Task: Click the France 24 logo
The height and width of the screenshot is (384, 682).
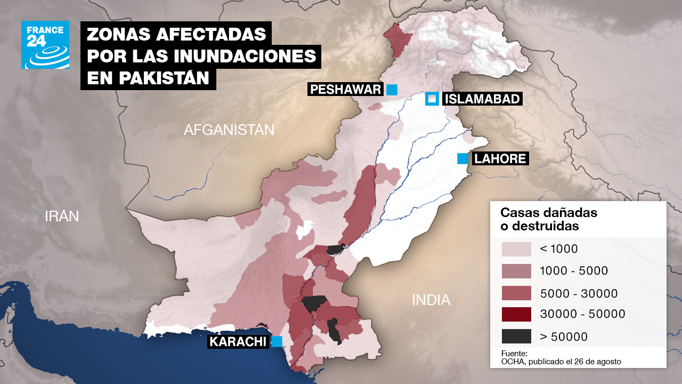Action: (45, 45)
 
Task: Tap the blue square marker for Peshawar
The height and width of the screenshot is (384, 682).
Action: (392, 90)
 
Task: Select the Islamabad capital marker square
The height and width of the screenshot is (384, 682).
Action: (432, 99)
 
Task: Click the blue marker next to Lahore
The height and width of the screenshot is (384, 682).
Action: (462, 158)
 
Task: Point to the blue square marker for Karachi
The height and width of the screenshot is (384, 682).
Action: (277, 342)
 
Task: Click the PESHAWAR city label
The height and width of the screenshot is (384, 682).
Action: (345, 90)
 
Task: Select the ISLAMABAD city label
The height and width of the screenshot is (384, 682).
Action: (482, 99)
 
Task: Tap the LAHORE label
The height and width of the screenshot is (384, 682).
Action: (500, 158)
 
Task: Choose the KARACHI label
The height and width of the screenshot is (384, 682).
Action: (238, 342)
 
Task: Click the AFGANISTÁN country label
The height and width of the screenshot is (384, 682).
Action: (229, 130)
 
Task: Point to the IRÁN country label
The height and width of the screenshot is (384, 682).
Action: (62, 216)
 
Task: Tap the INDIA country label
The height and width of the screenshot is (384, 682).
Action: (431, 300)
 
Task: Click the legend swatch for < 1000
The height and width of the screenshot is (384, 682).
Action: (516, 249)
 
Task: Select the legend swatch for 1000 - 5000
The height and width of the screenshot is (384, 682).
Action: (516, 271)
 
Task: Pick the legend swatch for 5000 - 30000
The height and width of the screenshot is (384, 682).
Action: (516, 293)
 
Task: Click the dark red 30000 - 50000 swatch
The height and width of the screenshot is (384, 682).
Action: (516, 315)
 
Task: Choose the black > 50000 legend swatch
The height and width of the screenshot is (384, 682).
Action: (516, 337)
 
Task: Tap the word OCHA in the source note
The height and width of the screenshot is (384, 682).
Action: (513, 362)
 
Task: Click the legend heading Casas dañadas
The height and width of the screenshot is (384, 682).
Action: (549, 213)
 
